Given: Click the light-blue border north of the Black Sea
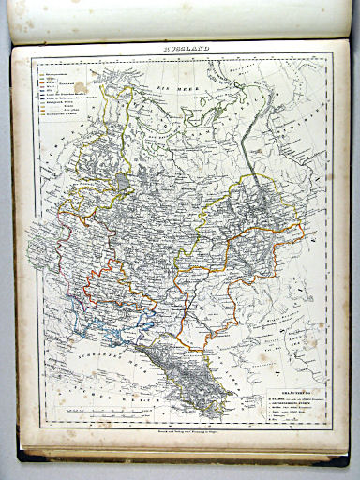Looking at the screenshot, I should pos(122,314).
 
